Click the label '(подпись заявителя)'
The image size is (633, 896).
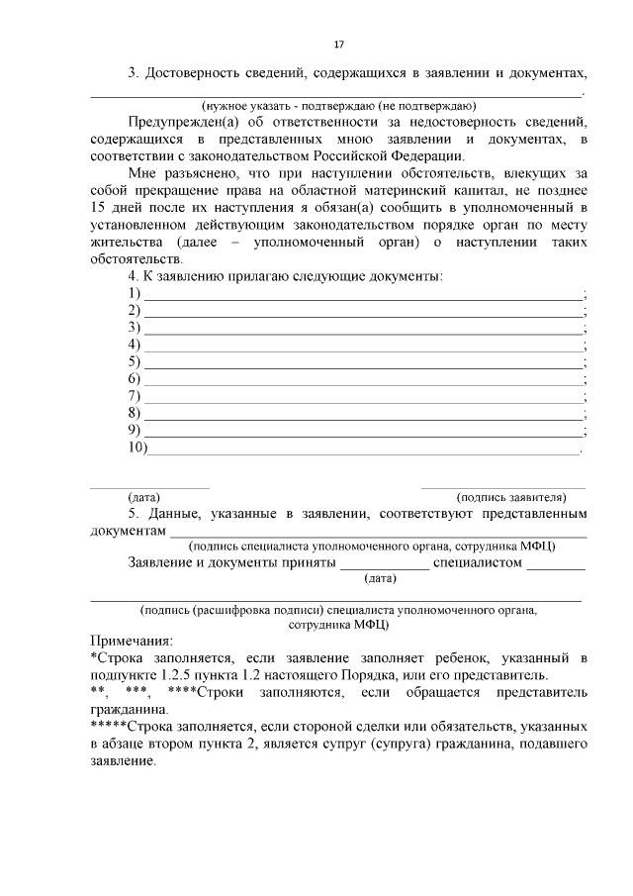click(x=511, y=496)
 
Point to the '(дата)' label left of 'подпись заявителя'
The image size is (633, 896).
click(x=144, y=496)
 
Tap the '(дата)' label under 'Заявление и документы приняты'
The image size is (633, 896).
click(x=380, y=578)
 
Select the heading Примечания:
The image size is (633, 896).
click(x=131, y=641)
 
